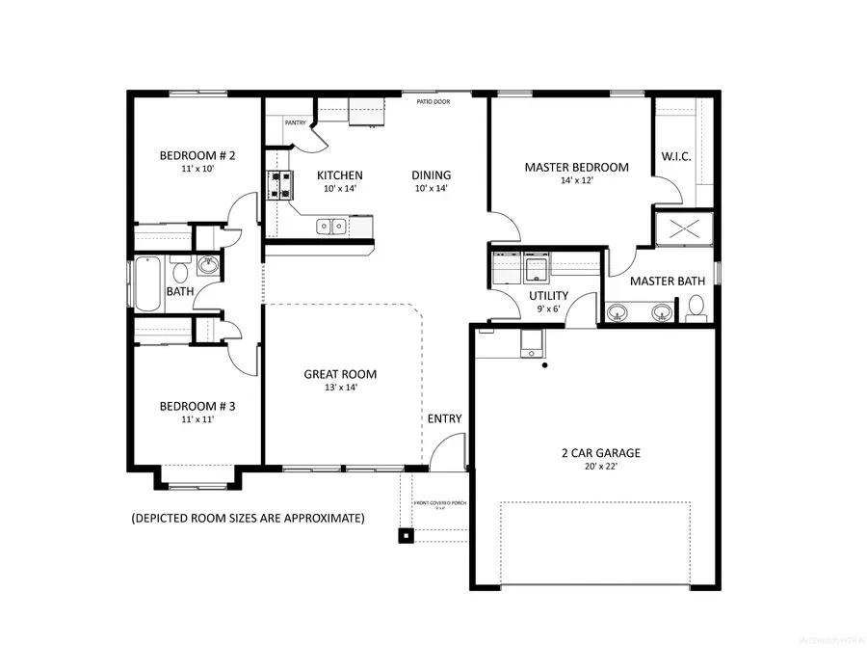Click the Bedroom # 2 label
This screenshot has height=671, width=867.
coord(197,155)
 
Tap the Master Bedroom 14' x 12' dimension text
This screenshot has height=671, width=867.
coord(576,181)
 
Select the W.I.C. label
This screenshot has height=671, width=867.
coord(675,155)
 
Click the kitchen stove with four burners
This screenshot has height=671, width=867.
coord(279,184)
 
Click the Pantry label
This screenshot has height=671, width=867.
coord(296,122)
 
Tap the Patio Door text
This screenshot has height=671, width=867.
coord(432,101)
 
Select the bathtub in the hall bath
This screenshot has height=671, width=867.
coord(146,283)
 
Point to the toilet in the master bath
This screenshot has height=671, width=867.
coord(696,309)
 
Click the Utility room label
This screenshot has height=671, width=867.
coord(548,296)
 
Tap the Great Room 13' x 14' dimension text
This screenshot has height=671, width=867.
coord(340,388)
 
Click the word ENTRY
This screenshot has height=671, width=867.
coord(444,418)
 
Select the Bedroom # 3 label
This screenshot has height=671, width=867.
coord(197,406)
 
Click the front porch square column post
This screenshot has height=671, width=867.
coord(407,535)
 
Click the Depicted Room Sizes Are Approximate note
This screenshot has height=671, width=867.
coord(248,519)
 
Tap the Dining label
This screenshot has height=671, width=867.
coord(431,174)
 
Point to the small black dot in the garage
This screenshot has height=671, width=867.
coord(545,365)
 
